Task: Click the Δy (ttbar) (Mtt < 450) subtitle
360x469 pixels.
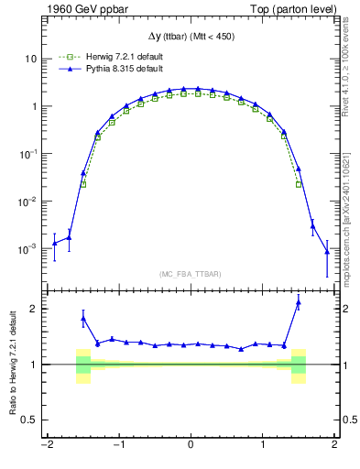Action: pos(191,36)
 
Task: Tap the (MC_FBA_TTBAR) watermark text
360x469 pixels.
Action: pos(191,274)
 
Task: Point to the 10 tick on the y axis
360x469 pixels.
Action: pos(29,59)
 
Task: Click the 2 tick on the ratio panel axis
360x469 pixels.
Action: pos(34,309)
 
